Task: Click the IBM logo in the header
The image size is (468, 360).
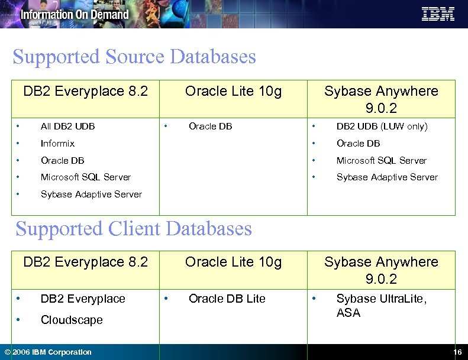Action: click(x=438, y=14)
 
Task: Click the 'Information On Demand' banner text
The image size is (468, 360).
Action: click(x=75, y=14)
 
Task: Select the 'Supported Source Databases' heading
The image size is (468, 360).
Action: click(x=134, y=57)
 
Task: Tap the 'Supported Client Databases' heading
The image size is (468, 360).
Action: click(x=134, y=229)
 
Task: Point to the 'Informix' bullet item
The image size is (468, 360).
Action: click(x=57, y=143)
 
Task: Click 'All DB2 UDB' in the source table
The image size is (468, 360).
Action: click(x=67, y=126)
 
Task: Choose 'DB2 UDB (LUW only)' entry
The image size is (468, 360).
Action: click(x=382, y=126)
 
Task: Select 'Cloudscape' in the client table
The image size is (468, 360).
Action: click(x=72, y=320)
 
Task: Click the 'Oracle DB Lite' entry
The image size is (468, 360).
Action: click(x=227, y=299)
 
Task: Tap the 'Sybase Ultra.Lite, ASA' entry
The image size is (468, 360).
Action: click(x=380, y=305)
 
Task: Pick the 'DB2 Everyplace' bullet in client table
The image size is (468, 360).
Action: click(x=83, y=299)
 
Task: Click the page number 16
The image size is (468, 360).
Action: click(x=457, y=352)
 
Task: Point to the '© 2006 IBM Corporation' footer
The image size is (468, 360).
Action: click(x=48, y=352)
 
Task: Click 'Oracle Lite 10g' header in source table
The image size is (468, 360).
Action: click(x=233, y=91)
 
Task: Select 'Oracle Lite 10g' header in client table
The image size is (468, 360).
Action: click(x=233, y=261)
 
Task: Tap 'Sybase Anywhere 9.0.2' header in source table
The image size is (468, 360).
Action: click(x=381, y=99)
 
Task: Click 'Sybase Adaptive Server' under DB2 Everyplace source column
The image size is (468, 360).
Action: click(x=91, y=194)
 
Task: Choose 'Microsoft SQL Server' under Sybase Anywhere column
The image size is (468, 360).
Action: click(x=381, y=160)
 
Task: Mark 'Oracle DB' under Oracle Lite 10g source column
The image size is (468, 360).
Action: click(x=210, y=126)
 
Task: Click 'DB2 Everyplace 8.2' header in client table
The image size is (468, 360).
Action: click(x=85, y=261)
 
